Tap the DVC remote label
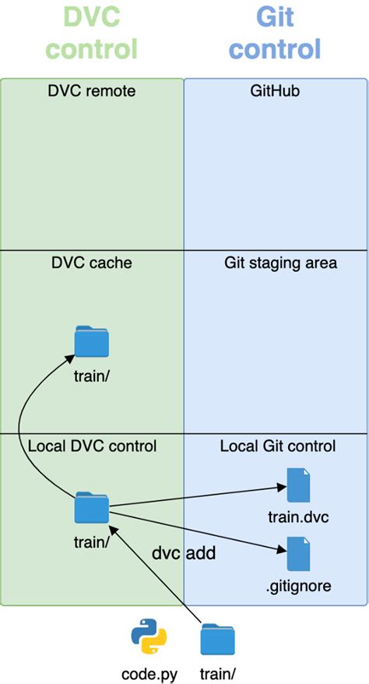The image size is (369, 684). point(92,91)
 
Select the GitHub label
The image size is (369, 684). point(275,91)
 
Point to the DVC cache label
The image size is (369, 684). point(92,263)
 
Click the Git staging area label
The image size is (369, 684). point(280,263)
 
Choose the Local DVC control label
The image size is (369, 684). point(92,446)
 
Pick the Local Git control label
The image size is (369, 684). point(277,446)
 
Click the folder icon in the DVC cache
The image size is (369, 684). point(92,342)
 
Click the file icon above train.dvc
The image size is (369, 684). point(299,485)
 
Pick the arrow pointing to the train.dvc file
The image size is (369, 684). point(195,497)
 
